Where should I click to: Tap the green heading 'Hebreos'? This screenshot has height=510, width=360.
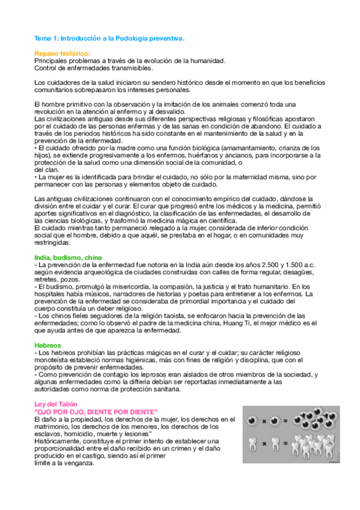click(x=47, y=345)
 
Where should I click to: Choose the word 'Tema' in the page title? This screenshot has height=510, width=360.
click(x=41, y=38)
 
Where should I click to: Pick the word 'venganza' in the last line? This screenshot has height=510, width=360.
click(x=80, y=463)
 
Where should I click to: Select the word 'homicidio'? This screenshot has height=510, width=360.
click(x=81, y=434)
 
